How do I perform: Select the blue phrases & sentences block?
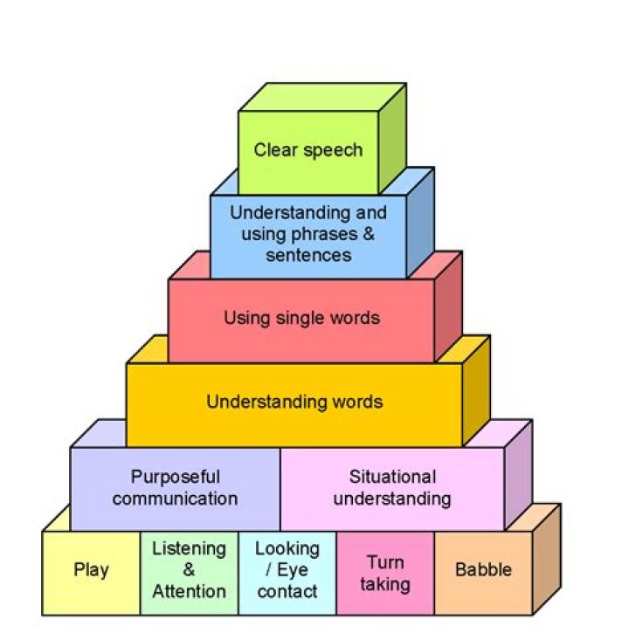[308, 234]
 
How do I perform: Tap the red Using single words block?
[301, 318]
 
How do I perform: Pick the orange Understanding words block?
[294, 403]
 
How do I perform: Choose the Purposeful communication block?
[175, 488]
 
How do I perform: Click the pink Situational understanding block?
[392, 488]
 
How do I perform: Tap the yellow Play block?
[91, 571]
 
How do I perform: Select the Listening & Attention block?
[189, 571]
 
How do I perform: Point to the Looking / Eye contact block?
[287, 571]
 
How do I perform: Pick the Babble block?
[483, 571]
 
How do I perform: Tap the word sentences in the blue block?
[308, 255]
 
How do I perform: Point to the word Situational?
[392, 478]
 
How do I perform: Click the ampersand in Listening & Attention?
[189, 570]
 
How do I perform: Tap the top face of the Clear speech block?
[323, 97]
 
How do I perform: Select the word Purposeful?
[175, 478]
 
